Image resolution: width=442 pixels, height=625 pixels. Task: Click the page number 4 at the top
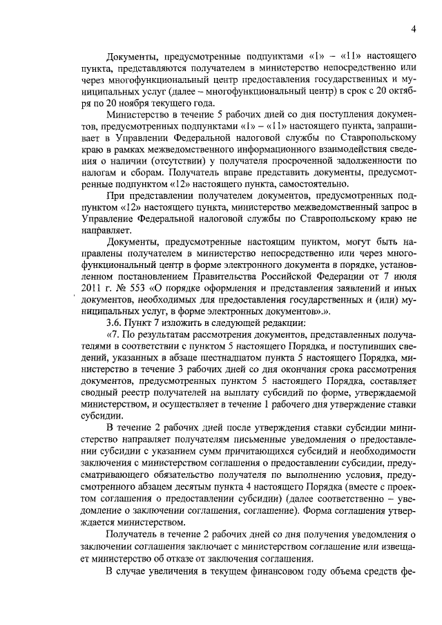(413, 29)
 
